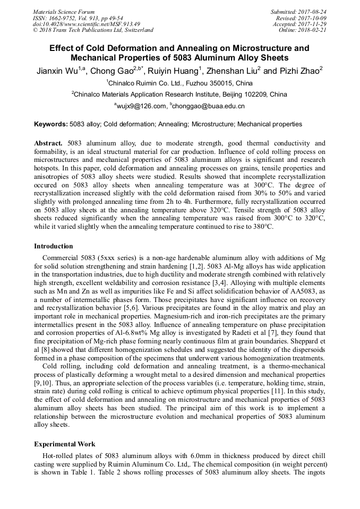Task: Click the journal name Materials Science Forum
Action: coord(64,12)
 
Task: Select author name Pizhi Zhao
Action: coord(301,71)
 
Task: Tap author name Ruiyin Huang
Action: coord(178,71)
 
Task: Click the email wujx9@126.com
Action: coord(141,106)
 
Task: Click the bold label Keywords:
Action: coord(52,124)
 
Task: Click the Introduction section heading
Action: coord(54,246)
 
